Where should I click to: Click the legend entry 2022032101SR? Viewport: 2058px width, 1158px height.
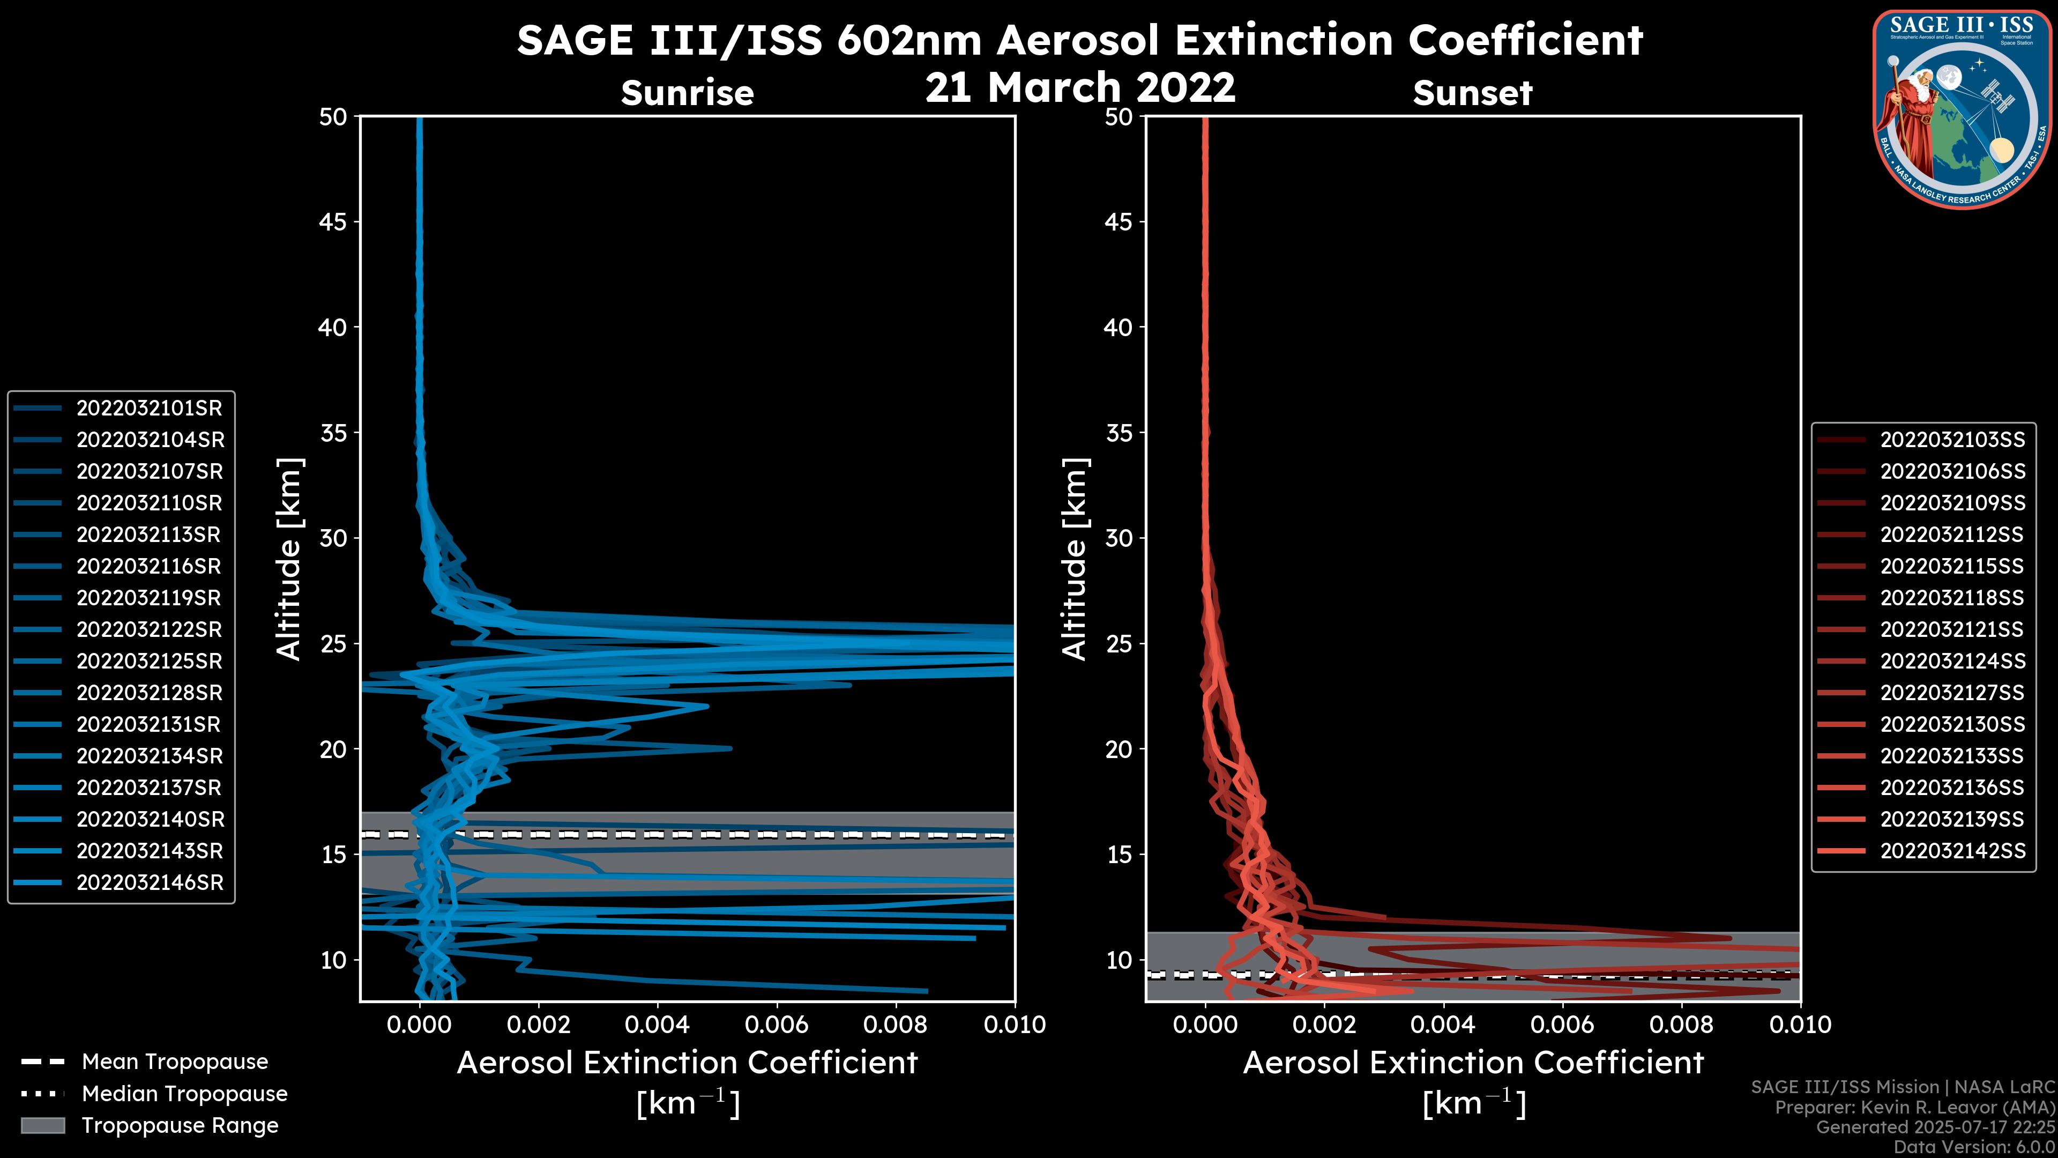(148, 409)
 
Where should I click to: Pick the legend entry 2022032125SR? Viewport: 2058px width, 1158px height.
(148, 662)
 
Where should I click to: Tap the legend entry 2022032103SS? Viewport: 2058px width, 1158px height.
(1952, 440)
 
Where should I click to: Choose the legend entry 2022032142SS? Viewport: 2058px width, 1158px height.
(1952, 851)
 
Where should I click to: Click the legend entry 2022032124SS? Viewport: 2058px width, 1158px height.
(1952, 662)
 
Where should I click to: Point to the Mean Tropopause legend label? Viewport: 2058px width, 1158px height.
(175, 1062)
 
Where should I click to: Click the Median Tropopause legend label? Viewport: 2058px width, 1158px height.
(184, 1094)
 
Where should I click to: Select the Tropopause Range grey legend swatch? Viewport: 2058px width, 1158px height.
(43, 1125)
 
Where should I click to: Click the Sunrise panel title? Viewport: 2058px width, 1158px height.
(687, 93)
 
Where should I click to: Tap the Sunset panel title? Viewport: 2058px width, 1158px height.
(1472, 93)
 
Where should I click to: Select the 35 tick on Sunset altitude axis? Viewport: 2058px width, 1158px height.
(1119, 433)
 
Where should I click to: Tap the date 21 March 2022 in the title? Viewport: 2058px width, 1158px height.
(1080, 88)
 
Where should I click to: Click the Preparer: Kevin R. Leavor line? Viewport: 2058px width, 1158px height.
(1915, 1108)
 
